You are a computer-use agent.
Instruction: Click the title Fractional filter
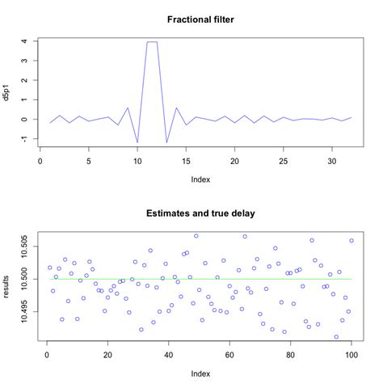click(x=201, y=19)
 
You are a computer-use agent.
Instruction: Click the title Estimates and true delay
click(x=201, y=214)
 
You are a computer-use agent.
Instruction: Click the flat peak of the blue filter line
click(x=151, y=42)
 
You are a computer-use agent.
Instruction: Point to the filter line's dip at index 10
click(x=137, y=142)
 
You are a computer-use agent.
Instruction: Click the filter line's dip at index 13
click(x=166, y=142)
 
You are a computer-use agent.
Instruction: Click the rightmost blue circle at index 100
click(x=351, y=240)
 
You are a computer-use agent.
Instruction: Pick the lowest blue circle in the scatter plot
click(x=336, y=337)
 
